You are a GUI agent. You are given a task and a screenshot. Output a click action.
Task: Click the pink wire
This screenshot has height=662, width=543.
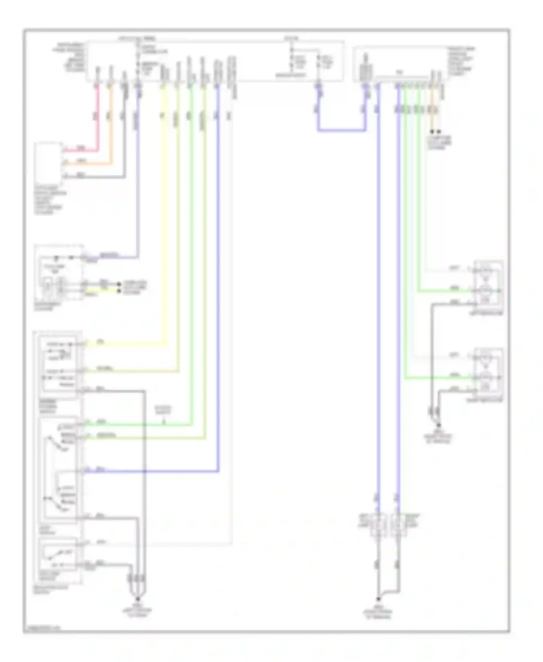[x=97, y=120]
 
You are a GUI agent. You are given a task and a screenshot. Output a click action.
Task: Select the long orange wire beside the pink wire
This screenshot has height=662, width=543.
[x=111, y=123]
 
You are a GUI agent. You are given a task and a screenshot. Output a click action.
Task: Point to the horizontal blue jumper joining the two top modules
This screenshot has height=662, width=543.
[x=341, y=130]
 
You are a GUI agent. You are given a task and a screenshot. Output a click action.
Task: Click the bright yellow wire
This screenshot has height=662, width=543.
[x=164, y=217]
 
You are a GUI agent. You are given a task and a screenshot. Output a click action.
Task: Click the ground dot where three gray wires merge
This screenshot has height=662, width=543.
[x=138, y=599]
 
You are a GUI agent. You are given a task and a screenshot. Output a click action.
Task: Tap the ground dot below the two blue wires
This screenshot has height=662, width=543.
[x=378, y=599]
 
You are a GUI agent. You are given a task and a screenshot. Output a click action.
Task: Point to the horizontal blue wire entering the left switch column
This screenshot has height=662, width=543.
[x=152, y=472]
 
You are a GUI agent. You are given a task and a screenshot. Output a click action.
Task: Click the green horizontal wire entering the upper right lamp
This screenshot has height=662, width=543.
[x=445, y=291]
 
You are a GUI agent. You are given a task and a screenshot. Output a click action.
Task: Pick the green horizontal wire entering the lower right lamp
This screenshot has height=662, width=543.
[x=438, y=378]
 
